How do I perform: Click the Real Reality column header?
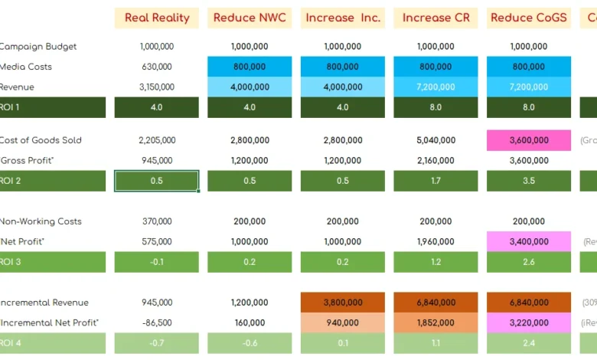156,18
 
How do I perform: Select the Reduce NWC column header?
250,18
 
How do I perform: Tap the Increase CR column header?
436,18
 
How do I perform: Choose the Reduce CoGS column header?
529,18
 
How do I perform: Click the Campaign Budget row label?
38,47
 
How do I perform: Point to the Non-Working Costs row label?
40,221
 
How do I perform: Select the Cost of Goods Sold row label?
41,140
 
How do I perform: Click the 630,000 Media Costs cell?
156,67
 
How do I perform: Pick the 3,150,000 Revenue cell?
156,87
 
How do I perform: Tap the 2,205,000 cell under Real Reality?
156,140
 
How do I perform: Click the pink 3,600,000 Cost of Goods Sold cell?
529,140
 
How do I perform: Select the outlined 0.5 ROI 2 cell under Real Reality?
156,181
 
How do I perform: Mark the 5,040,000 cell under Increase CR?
436,140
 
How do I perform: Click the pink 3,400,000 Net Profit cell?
529,241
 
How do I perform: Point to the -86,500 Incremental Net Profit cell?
156,322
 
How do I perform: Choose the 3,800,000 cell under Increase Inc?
342,303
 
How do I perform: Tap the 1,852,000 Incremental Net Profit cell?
436,322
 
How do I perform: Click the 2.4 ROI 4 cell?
529,342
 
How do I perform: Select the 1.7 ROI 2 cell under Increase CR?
436,181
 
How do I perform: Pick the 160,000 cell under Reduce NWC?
250,322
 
